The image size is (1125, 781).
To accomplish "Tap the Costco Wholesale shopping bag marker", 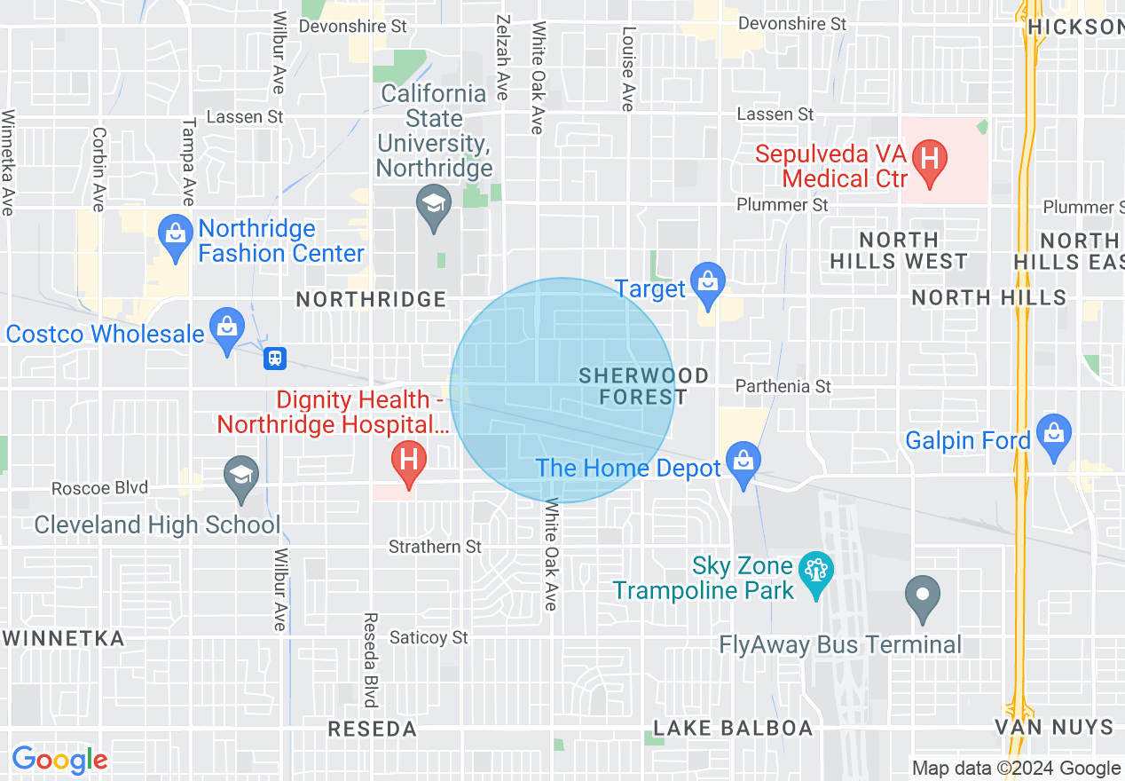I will pyautogui.click(x=228, y=327).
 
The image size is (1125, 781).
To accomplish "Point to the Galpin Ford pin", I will pyautogui.click(x=1053, y=434).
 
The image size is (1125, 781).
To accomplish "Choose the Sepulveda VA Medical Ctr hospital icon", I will pyautogui.click(x=929, y=162).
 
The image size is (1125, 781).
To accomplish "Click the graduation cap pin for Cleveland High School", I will pyautogui.click(x=240, y=474).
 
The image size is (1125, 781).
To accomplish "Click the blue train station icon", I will pyautogui.click(x=276, y=359).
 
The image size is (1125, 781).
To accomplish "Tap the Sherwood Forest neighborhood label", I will pyautogui.click(x=643, y=386).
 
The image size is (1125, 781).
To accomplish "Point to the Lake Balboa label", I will pyautogui.click(x=733, y=729).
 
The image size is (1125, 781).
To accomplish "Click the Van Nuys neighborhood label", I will pyautogui.click(x=1053, y=728).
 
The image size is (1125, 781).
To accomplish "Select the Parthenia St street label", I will pyautogui.click(x=784, y=386).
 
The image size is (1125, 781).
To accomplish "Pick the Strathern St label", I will pyautogui.click(x=435, y=547).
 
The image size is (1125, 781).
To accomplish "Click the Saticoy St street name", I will pyautogui.click(x=429, y=637).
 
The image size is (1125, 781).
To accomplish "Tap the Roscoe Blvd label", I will pyautogui.click(x=100, y=488).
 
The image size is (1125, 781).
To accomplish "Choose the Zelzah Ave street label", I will pyautogui.click(x=503, y=59).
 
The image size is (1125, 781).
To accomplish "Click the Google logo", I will pyautogui.click(x=59, y=759).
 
